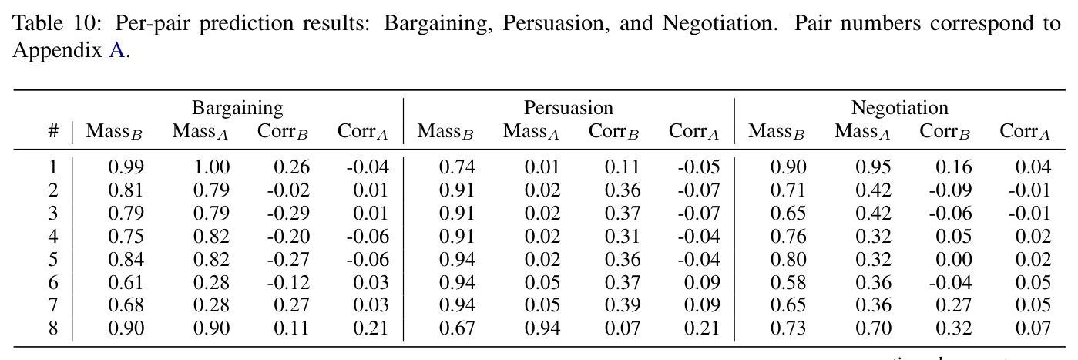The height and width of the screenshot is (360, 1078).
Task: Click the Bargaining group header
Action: (237, 109)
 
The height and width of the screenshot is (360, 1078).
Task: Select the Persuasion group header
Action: (569, 108)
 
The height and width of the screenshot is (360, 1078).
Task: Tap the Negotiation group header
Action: (899, 109)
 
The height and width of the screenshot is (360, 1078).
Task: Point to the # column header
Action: (53, 131)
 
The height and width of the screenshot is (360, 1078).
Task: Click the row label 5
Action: (53, 260)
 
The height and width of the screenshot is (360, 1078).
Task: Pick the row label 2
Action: (53, 190)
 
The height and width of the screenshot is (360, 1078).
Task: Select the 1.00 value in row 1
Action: (212, 167)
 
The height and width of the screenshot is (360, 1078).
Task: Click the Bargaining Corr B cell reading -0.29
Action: (288, 214)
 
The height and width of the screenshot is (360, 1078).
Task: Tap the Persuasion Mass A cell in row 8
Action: (542, 328)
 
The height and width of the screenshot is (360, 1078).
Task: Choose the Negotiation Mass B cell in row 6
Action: (788, 282)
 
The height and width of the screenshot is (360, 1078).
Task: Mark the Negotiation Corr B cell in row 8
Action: (953, 328)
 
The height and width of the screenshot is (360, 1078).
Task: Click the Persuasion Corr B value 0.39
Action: (623, 305)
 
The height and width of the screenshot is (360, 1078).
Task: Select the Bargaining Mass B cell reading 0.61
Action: (126, 282)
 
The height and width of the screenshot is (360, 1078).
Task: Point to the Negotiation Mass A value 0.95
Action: (873, 167)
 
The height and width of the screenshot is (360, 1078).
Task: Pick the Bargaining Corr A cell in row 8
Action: (371, 328)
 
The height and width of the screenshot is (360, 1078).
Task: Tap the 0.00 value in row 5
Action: (953, 260)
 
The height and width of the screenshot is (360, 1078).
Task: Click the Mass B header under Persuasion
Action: (445, 131)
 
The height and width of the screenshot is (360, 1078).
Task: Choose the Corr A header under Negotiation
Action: (1025, 131)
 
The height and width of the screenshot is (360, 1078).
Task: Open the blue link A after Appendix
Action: (116, 50)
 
